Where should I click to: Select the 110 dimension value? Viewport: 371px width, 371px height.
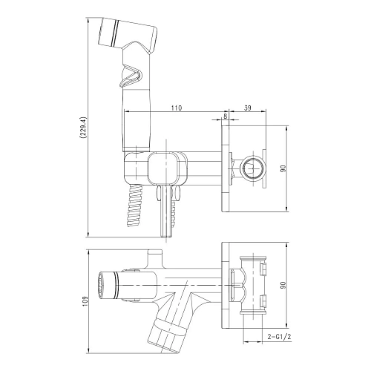pyautogui.click(x=176, y=108)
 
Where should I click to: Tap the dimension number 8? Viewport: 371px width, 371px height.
pyautogui.click(x=225, y=108)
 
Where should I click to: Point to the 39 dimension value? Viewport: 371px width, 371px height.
pyautogui.click(x=247, y=108)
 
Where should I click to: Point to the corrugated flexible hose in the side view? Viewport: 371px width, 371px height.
pyautogui.click(x=134, y=204)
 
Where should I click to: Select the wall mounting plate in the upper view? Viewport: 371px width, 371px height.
pyautogui.click(x=226, y=168)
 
